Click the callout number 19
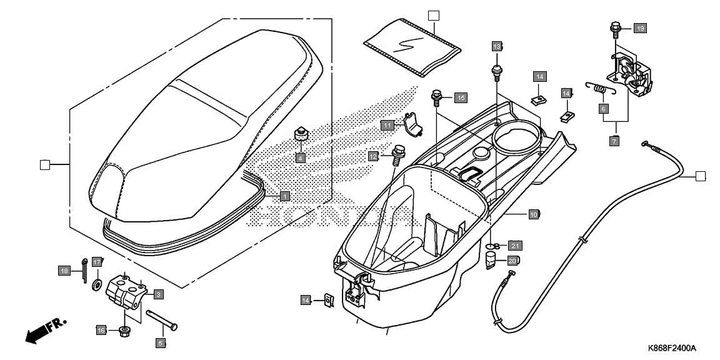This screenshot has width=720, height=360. coord(639,28)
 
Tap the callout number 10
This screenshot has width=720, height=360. coord(534,214)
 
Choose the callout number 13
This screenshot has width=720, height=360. coord(497,47)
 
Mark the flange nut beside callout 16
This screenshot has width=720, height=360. coord(124,330)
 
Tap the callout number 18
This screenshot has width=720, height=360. coord(64,271)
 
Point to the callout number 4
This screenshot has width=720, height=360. coord(300,158)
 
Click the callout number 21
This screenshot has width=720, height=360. coord(515,245)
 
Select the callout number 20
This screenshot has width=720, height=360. coord(512,261)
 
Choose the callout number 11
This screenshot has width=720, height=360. coord(387,126)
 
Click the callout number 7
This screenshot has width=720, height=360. coord(614,142)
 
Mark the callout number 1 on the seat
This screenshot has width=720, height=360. coord(284,196)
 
